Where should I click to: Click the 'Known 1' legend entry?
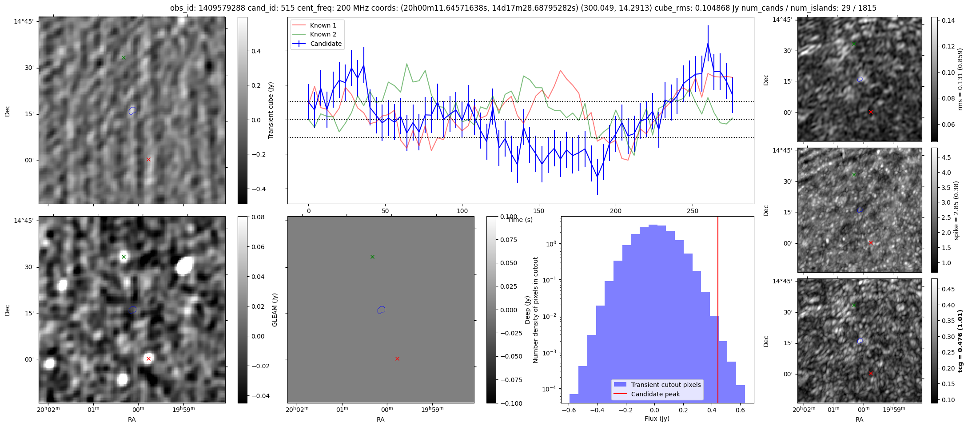[323, 25]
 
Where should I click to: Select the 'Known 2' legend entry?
[323, 34]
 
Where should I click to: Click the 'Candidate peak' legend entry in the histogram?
[655, 394]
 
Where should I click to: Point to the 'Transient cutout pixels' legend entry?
[665, 385]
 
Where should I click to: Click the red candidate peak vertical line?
[718, 311]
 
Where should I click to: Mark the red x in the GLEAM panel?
[148, 359]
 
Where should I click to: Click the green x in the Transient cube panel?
[123, 57]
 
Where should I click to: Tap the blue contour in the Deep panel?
[381, 310]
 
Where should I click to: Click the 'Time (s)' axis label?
[520, 220]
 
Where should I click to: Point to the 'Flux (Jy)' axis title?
[657, 419]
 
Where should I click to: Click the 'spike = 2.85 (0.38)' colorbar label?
[956, 210]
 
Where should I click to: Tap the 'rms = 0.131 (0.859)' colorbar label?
[960, 79]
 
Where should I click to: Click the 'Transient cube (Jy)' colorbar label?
[271, 110]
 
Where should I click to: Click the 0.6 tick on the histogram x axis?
[740, 410]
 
